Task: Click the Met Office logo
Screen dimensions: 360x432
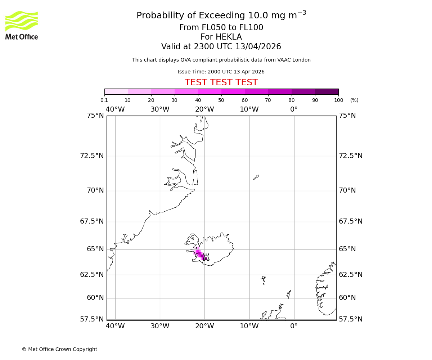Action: click(22, 25)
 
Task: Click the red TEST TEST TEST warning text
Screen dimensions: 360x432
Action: click(221, 83)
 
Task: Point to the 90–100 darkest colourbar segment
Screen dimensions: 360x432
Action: click(327, 91)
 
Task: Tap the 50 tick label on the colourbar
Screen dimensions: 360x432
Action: click(221, 100)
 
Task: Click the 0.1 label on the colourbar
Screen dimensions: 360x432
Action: click(104, 100)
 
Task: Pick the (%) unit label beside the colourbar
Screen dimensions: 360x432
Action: click(354, 100)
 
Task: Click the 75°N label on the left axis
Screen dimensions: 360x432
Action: click(95, 116)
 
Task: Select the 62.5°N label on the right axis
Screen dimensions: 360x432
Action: click(351, 275)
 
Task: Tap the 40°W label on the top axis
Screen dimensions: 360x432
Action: click(115, 109)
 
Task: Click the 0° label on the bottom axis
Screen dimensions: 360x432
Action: click(294, 326)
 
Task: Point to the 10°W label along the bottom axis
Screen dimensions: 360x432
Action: click(249, 326)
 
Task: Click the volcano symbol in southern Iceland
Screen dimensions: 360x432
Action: click(206, 257)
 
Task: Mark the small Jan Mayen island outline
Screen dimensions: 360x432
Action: click(256, 177)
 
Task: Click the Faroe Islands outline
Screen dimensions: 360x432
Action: click(264, 280)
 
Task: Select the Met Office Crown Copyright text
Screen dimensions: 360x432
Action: click(59, 349)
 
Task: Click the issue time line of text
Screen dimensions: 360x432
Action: click(221, 72)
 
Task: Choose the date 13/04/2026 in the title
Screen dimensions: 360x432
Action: click(258, 47)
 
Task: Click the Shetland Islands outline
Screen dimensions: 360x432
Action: click(289, 294)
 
